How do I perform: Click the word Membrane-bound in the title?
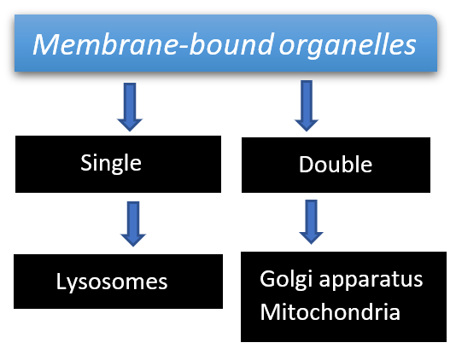[x=154, y=44]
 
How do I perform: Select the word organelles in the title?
[x=348, y=46]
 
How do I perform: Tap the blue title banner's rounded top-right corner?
[x=434, y=18]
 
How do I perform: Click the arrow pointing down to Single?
[x=130, y=107]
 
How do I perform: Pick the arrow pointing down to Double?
[x=307, y=106]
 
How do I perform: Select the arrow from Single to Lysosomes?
[x=133, y=224]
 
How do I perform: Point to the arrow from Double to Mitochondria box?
[x=311, y=222]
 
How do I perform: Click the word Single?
[x=111, y=164]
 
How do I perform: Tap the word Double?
[x=336, y=165]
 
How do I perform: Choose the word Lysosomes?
[x=112, y=282]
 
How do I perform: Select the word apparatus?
[x=371, y=280]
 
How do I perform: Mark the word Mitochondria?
[x=330, y=312]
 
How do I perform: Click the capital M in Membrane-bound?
[x=47, y=44]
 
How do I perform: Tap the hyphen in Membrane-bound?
[x=183, y=46]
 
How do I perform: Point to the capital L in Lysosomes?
[x=61, y=281]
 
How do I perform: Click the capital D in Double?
[x=307, y=165]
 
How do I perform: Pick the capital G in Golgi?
[x=267, y=278]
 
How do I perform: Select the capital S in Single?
[x=86, y=162]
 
